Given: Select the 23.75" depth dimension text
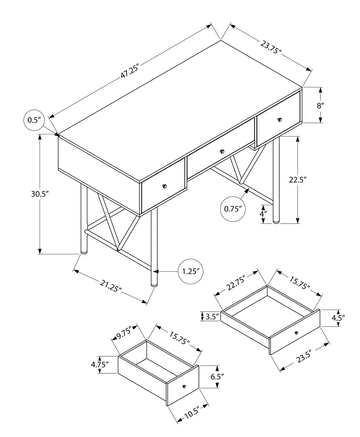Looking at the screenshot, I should point(271,47).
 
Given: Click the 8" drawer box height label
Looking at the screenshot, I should point(320,105).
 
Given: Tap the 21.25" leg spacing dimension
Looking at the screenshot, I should point(111,287).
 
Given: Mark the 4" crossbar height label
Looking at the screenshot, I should point(263,214).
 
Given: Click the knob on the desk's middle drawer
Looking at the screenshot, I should point(222,151).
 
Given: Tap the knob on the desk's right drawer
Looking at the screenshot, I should point(279,120).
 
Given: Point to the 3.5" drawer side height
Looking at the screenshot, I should point(212,316).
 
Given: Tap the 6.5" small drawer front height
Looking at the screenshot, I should point(217,377).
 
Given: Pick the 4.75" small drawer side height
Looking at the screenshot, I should point(100,365).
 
